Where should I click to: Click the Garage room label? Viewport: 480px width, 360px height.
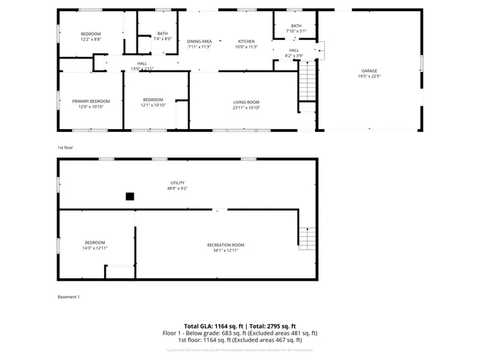367,71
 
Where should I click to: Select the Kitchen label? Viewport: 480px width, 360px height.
247,41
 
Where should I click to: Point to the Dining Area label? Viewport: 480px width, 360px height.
199,41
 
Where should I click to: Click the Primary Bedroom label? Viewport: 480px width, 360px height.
91,101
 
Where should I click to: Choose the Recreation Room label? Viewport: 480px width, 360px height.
226,245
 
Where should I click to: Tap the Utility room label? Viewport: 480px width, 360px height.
177,182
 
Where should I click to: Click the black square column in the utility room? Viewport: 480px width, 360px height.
130,196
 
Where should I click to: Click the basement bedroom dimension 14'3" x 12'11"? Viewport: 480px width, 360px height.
94,248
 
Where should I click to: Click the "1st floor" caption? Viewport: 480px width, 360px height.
66,148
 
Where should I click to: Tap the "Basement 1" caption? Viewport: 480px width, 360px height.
68,297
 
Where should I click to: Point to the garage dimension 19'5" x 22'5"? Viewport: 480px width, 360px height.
367,76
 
